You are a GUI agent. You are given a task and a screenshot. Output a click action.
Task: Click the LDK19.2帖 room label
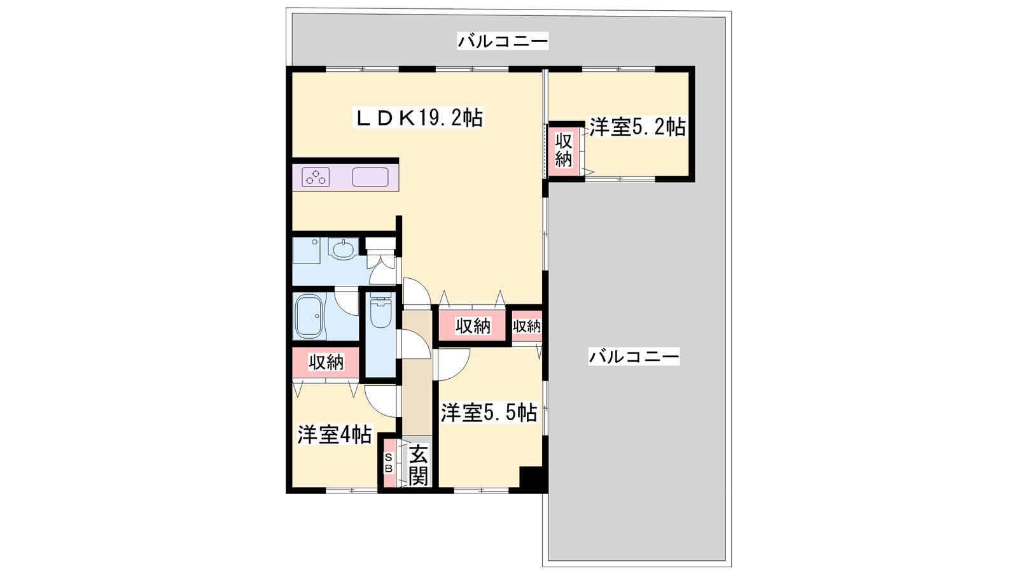[x=419, y=118]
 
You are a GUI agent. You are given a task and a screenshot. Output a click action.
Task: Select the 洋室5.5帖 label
[x=489, y=413]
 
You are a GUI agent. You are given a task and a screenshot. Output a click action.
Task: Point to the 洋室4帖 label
[x=335, y=434]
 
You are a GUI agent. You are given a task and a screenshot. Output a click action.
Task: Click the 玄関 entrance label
[x=417, y=465]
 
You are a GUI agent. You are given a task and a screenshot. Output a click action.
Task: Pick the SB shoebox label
[x=389, y=463]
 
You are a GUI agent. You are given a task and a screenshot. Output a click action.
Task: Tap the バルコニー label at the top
[x=503, y=41]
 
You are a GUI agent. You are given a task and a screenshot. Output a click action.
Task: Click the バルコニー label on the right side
[x=634, y=356]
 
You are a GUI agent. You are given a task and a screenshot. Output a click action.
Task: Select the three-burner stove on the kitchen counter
[x=316, y=177]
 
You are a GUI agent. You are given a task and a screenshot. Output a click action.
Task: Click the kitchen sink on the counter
[x=370, y=177]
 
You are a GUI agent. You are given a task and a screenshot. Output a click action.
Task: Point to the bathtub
[x=309, y=315]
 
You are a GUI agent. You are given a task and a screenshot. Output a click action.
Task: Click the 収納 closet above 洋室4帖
[x=326, y=362]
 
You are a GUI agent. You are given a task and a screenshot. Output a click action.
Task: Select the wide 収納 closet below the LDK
[x=473, y=325]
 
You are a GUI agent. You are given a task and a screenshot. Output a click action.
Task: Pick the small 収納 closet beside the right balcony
[x=527, y=325]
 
